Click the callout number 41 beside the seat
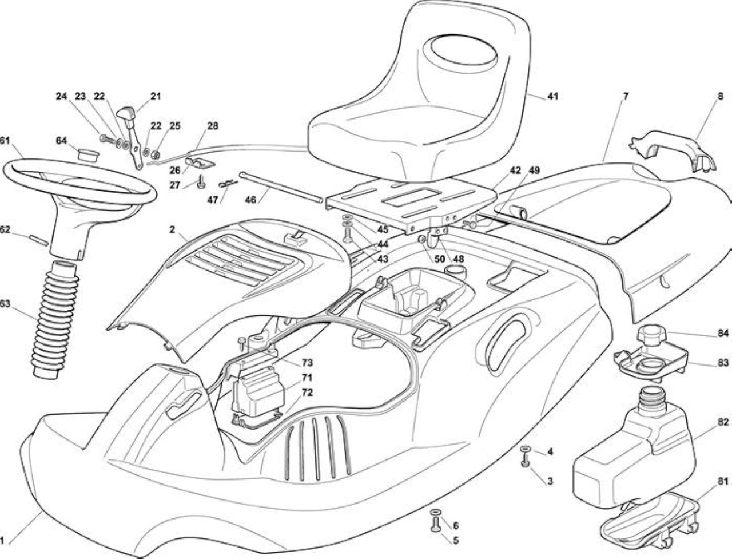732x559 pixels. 552,96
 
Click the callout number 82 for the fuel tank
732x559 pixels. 723,421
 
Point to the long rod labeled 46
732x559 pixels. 281,187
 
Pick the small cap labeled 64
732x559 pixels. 89,154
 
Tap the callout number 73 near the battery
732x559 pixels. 307,363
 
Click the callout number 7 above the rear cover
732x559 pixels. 625,96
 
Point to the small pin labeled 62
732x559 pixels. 38,240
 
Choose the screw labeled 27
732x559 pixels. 201,181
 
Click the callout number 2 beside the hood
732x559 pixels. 172,229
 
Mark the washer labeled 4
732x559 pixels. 524,449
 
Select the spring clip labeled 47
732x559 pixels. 228,184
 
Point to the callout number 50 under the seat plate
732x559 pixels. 440,259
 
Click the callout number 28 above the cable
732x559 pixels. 212,126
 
